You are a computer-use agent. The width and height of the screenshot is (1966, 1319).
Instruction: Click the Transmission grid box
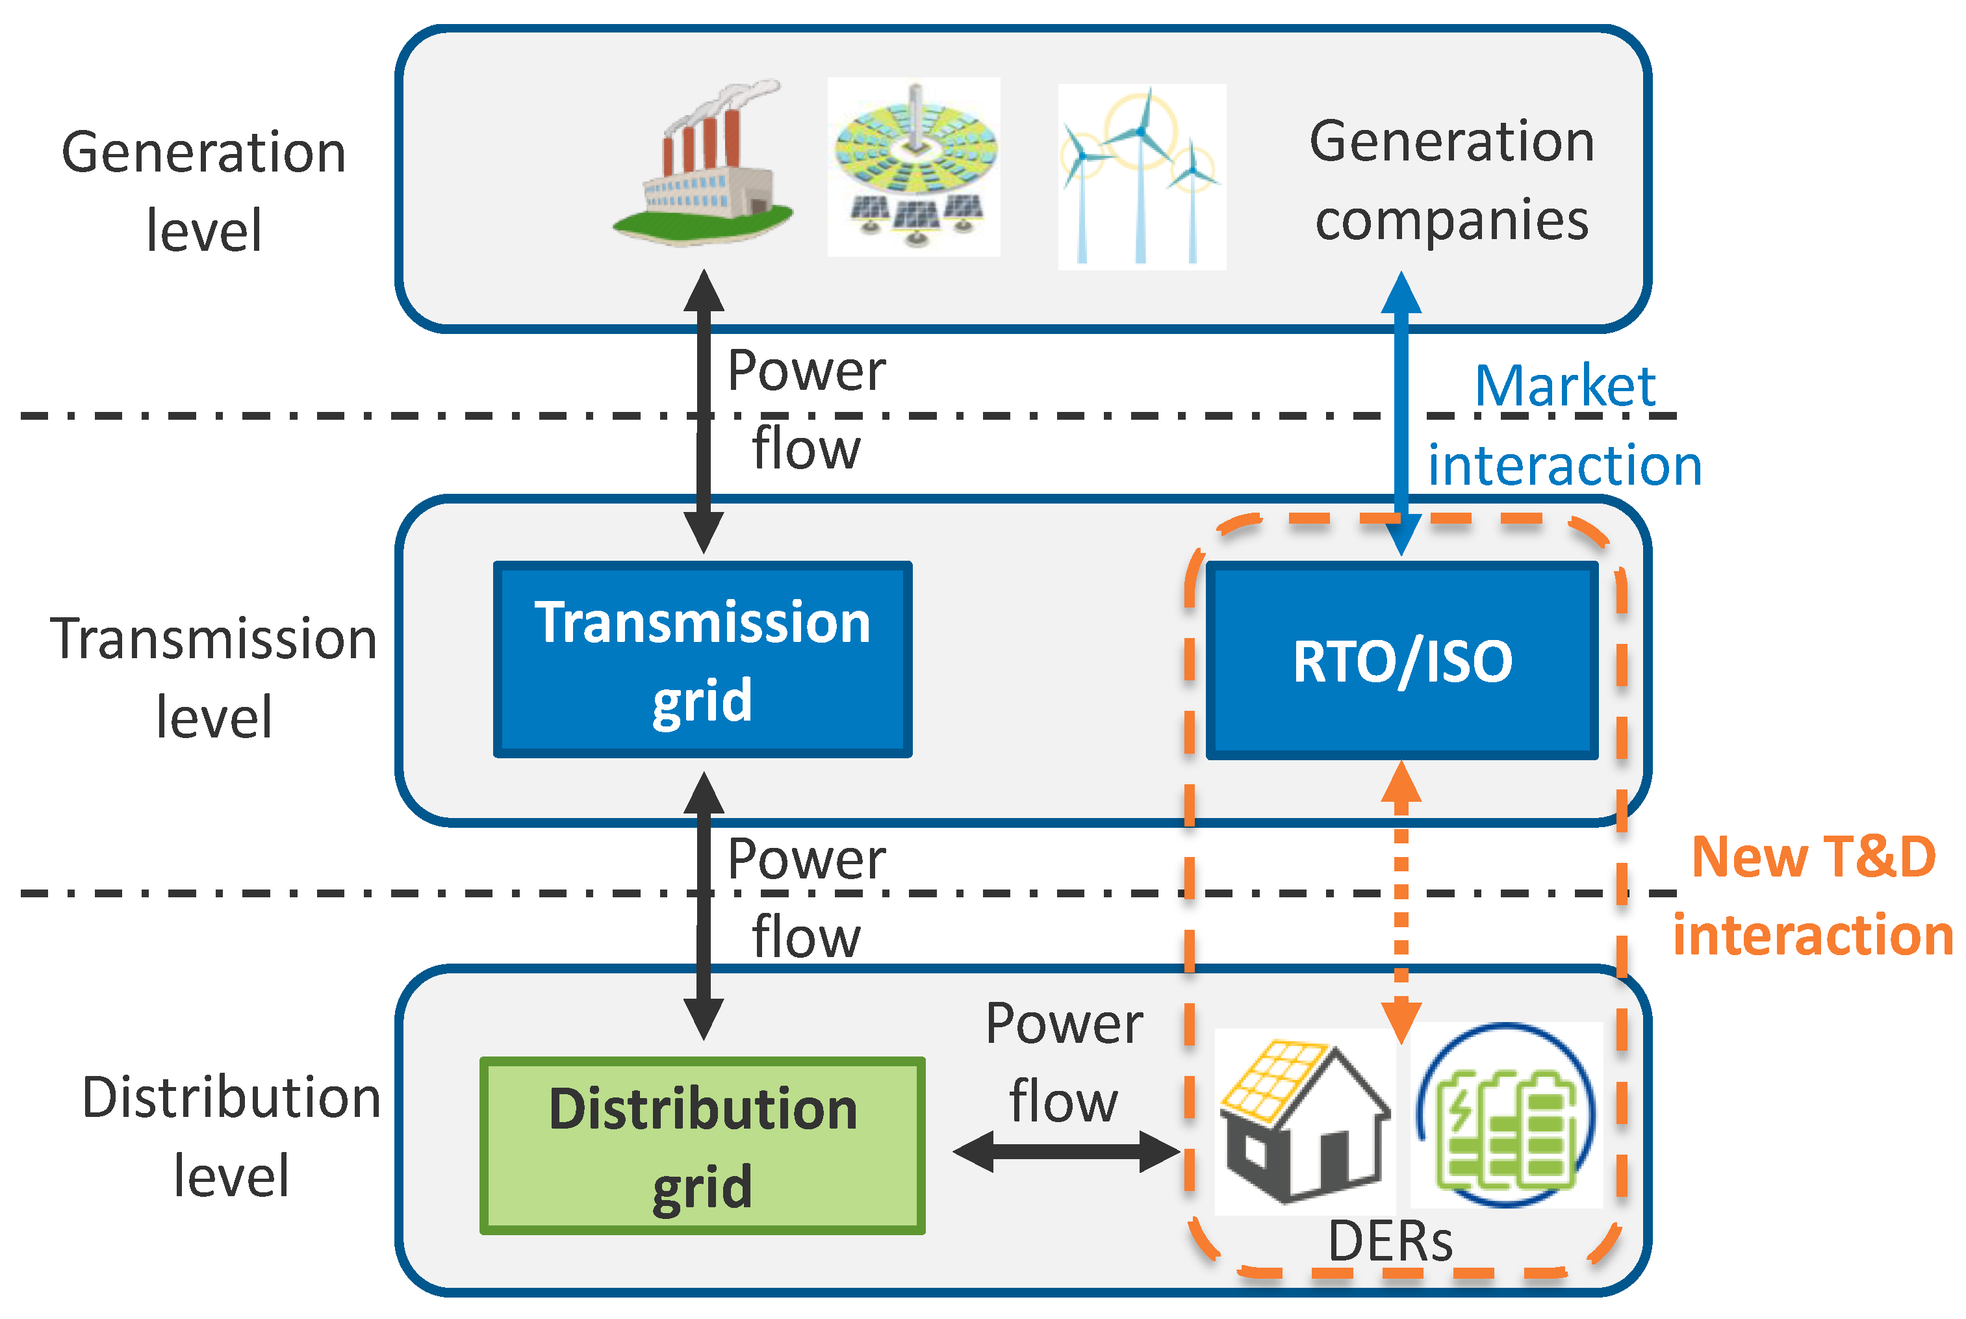702,659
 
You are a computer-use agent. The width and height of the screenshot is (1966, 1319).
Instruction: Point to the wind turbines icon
1141,177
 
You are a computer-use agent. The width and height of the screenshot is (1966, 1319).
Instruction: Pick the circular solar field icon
914,166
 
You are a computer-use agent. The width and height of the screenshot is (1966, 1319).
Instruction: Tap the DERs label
1390,1242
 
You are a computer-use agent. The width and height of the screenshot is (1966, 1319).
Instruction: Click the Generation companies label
1451,180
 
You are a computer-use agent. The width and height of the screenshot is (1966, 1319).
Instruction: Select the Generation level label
203,191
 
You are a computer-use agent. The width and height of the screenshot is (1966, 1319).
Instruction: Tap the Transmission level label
214,677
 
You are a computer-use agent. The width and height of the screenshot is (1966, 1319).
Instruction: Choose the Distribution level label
231,1136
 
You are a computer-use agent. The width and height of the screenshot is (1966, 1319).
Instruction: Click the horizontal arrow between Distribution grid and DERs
1066,1151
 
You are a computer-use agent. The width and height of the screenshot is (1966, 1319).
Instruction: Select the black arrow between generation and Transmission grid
703,412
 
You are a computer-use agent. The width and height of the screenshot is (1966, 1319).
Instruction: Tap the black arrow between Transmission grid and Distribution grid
703,905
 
